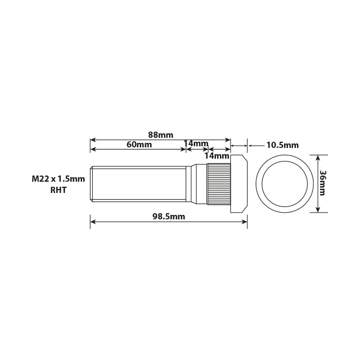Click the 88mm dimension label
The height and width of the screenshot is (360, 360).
point(160,134)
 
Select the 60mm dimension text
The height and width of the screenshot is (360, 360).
point(139,145)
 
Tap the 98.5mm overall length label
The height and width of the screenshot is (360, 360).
point(168,217)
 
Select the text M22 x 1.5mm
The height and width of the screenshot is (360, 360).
point(58,179)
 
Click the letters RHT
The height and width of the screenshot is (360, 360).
point(58,190)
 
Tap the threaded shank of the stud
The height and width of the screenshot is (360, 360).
point(138,183)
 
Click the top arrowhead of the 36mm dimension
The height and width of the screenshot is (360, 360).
point(319,159)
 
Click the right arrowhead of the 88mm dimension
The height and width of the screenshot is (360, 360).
point(228,139)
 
